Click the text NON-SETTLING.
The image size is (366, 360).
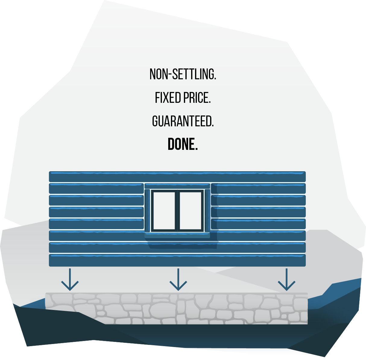tap(183, 74)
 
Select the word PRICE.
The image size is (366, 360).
tap(197, 98)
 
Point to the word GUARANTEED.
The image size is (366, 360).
tap(183, 121)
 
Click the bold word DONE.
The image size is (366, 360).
tap(183, 144)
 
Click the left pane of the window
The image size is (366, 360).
tap(164, 211)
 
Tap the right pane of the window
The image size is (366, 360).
tap(190, 211)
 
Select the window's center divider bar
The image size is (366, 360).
tap(177, 211)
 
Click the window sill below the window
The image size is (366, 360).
tap(177, 235)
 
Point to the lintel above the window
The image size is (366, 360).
tap(177, 186)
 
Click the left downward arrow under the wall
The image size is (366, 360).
tap(70, 279)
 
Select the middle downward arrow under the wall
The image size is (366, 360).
tap(178, 279)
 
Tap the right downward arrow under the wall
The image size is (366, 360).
tap(286, 279)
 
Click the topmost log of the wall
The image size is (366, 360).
tap(177, 177)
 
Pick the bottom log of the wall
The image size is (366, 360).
tap(177, 260)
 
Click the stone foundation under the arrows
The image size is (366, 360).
tap(176, 308)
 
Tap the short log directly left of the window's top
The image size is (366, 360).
tap(96, 188)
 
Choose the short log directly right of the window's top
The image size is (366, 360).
tap(258, 188)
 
